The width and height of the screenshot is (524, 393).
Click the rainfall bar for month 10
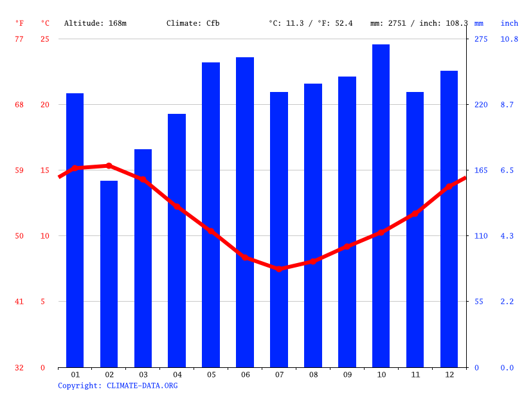[381, 206]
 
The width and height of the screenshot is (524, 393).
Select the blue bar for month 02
[109, 274]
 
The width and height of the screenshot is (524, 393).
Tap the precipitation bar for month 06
[245, 212]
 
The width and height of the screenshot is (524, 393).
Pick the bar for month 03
[143, 258]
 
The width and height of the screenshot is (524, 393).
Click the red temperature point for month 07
[279, 268]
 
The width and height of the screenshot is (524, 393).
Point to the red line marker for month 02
[109, 166]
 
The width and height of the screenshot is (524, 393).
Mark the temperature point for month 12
[449, 187]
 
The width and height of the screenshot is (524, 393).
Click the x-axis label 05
[211, 374]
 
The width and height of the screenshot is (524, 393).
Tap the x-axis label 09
[347, 374]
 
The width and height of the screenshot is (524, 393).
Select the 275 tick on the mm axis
[481, 39]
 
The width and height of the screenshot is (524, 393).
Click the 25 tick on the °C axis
[45, 39]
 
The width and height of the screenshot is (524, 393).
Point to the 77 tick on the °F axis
[19, 39]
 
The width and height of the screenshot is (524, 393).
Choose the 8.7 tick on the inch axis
[507, 105]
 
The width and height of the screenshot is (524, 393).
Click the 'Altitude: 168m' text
[95, 24]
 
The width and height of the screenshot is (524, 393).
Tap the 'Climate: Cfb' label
[193, 24]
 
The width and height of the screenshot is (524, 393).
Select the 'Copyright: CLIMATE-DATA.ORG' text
[118, 386]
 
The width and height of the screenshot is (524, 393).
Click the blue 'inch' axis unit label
[509, 24]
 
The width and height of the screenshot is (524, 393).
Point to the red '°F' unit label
[19, 24]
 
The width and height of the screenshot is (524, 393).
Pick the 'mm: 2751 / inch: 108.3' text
[419, 24]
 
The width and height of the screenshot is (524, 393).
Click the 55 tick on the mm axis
[479, 302]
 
